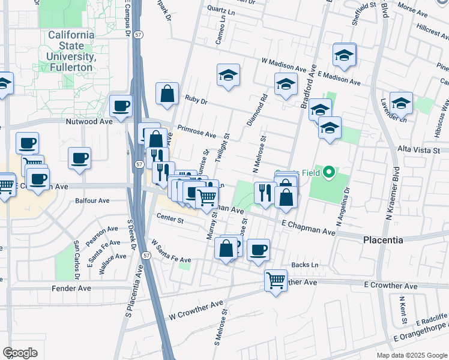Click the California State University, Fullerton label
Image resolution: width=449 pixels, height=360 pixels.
71,51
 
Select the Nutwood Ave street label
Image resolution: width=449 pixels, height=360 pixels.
89,121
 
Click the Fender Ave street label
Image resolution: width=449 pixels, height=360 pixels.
70,289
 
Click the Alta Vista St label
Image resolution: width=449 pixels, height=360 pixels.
419,150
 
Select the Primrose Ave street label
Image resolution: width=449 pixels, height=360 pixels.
197,131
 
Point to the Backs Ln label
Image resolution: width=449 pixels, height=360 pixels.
304,265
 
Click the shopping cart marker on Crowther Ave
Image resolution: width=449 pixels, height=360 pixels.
276,280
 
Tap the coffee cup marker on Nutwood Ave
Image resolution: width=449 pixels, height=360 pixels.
121,106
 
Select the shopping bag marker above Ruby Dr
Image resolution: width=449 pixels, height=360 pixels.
167,94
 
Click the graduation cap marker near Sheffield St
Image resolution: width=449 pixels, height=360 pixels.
345,55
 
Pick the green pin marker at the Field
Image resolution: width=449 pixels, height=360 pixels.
328,174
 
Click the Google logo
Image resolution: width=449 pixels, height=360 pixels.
20,353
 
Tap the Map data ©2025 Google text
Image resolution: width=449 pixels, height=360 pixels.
411,355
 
